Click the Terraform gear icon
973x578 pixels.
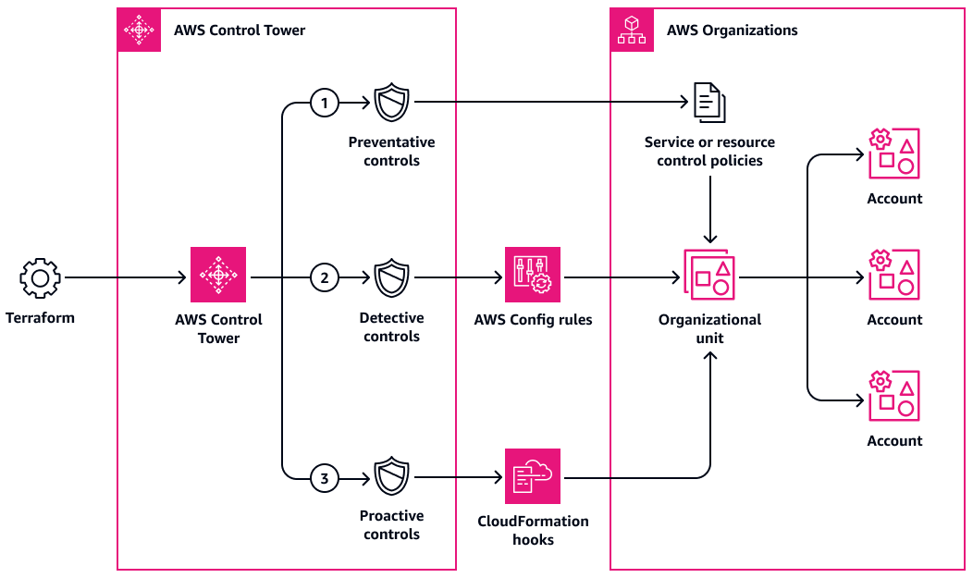pos(40,277)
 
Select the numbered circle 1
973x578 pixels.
pos(324,103)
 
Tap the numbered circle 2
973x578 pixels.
pos(324,277)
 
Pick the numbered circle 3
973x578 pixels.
pos(324,478)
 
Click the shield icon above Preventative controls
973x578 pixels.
pos(391,103)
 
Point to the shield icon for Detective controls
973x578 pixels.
pos(391,277)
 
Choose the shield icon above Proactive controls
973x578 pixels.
pos(391,477)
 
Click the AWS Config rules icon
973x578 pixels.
pos(533,276)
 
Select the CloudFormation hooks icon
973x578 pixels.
pos(533,476)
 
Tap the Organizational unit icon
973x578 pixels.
pos(710,275)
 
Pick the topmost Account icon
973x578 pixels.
pos(894,154)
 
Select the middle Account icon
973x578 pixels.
pos(894,275)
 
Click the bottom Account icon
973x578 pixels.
pos(894,397)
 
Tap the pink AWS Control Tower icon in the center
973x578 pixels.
pos(218,275)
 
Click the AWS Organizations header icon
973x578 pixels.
pos(632,31)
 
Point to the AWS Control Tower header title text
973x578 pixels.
pos(240,31)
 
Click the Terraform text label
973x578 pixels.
pos(40,318)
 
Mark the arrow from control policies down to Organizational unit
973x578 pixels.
pos(710,208)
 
